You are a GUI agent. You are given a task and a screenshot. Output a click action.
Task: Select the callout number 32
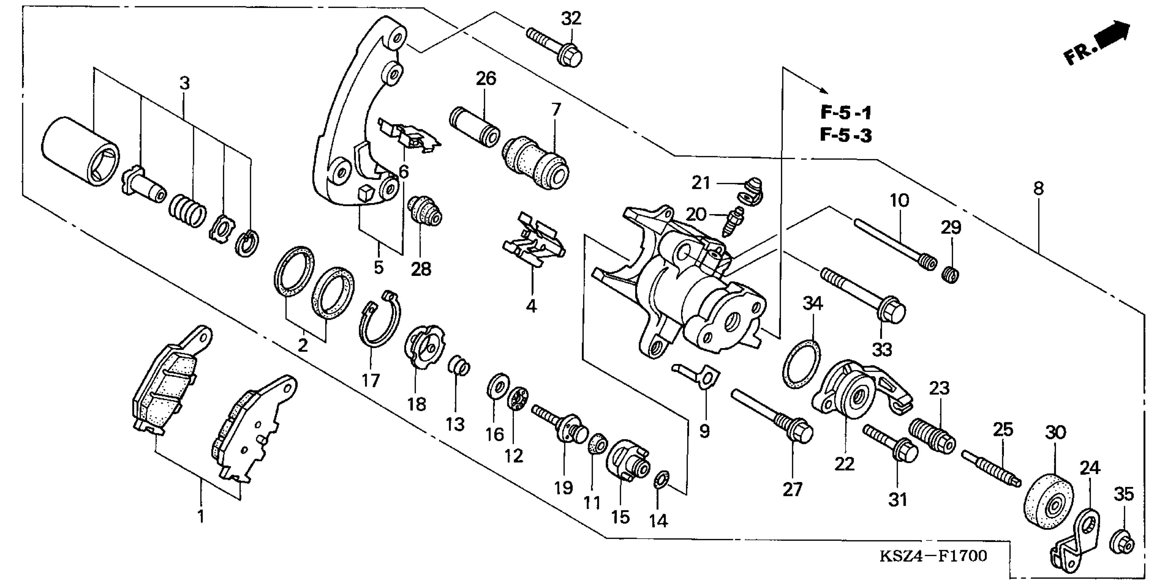[x=571, y=19]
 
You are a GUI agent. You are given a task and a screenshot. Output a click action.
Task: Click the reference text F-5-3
[x=846, y=135]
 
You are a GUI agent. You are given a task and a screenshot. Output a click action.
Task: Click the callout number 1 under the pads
[x=200, y=517]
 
